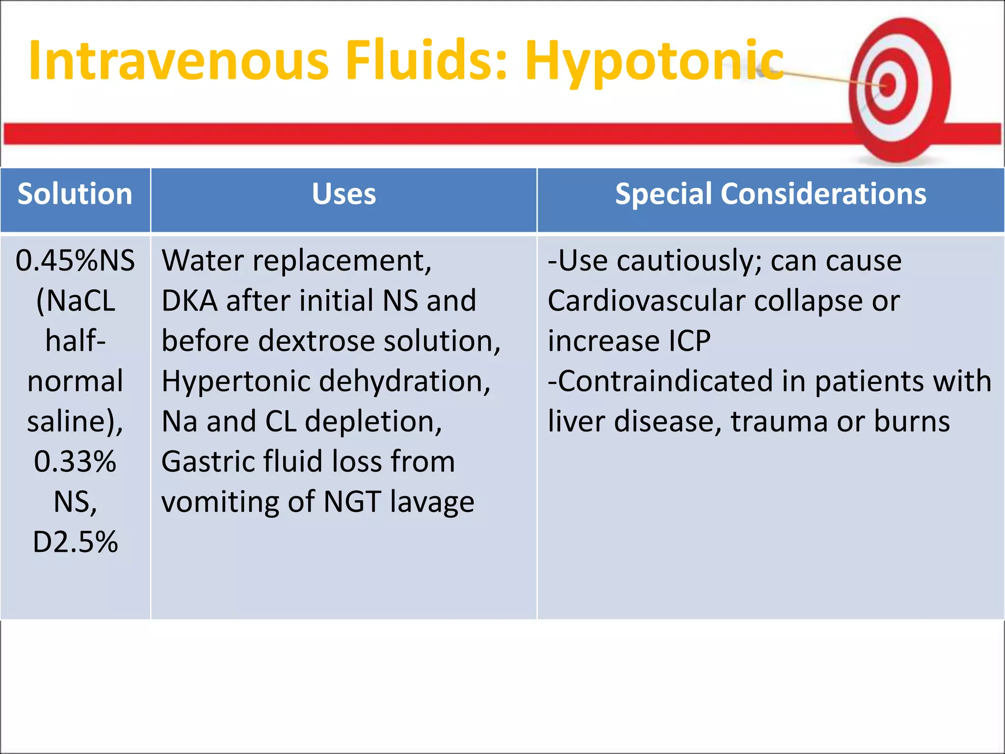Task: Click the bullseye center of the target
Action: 888,86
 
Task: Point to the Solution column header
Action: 75,194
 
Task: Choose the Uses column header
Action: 344,194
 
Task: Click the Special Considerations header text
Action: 770,194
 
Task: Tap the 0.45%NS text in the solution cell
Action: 75,261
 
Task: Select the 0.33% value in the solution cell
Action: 75,462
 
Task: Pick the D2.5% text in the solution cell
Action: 75,542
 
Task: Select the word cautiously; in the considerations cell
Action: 689,261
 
